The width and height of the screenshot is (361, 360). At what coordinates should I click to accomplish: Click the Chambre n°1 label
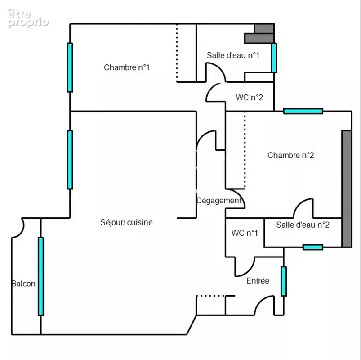click(127, 67)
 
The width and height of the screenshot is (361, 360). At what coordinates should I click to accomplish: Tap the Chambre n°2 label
click(290, 155)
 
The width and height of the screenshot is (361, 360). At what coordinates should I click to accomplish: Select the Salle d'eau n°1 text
click(233, 55)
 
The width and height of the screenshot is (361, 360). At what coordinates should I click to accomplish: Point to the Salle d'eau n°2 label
click(303, 225)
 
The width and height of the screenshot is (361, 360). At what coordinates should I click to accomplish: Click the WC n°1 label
click(245, 233)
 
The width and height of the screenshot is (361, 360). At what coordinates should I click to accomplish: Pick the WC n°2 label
click(250, 98)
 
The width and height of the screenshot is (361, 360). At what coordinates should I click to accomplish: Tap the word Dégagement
click(219, 201)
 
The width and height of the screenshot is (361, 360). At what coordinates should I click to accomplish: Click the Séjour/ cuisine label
click(126, 222)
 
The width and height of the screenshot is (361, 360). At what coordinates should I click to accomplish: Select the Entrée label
click(258, 281)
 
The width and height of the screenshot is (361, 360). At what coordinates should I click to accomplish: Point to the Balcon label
click(23, 283)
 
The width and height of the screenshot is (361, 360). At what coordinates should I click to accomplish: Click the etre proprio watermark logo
click(28, 18)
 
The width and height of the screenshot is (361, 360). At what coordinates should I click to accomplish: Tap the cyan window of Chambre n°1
click(70, 67)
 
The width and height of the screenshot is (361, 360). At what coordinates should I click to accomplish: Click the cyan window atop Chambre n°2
click(303, 111)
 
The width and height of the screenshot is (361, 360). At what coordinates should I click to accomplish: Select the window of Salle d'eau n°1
click(274, 58)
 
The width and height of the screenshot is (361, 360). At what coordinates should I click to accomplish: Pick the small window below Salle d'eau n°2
click(312, 247)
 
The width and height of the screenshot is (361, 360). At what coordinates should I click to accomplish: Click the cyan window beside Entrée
click(284, 281)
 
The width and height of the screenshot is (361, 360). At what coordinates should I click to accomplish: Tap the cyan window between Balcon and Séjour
click(41, 276)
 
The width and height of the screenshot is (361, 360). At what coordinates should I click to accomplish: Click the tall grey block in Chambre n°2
click(347, 189)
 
